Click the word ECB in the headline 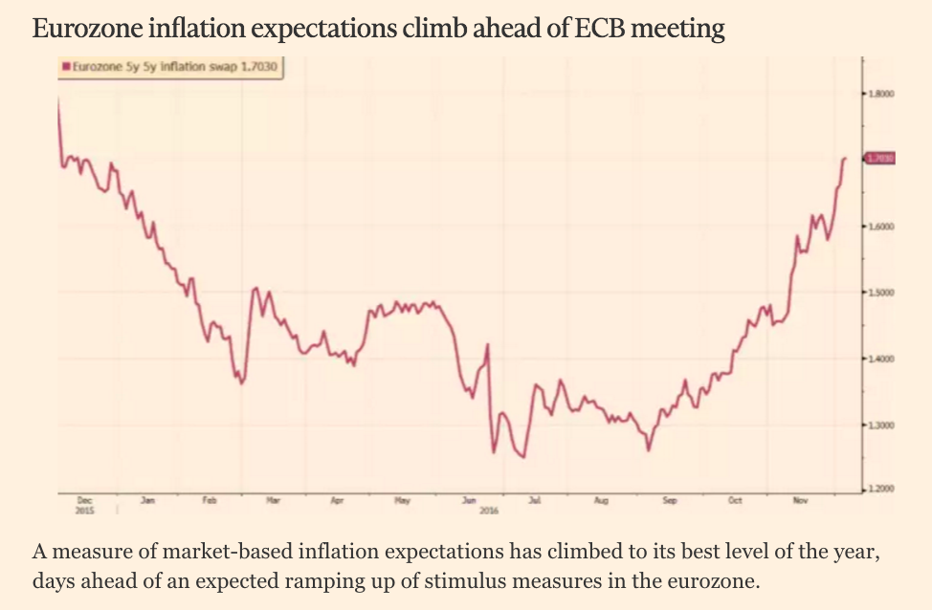605,30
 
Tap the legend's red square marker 65,67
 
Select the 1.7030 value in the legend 259,67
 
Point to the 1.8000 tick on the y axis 881,94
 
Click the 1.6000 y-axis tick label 881,226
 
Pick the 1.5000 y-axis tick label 881,292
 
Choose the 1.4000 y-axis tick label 881,359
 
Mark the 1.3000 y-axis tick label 881,424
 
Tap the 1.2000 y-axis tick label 881,490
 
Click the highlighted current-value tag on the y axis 880,158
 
